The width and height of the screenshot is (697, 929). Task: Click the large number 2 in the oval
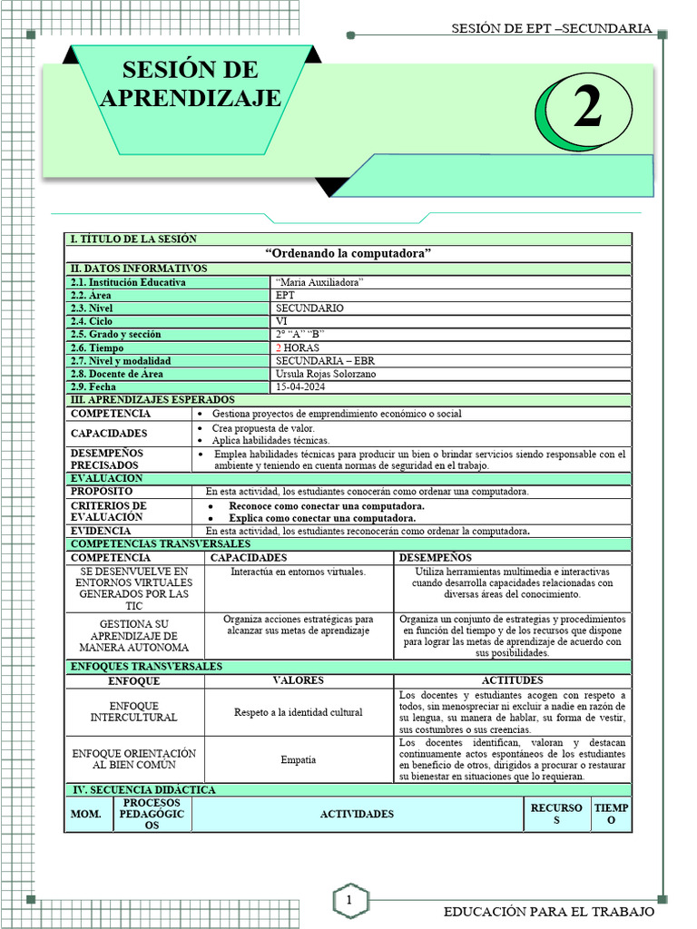587,111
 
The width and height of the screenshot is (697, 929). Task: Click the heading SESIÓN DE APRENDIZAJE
191,83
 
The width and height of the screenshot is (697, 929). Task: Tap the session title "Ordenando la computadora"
348,252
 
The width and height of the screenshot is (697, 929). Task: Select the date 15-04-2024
301,386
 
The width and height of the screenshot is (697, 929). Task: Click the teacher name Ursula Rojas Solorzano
326,374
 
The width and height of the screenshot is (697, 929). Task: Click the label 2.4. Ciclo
92,321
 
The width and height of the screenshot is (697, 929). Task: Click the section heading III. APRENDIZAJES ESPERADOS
152,400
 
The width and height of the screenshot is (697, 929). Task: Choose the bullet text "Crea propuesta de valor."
263,427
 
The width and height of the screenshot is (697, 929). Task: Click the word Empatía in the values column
299,759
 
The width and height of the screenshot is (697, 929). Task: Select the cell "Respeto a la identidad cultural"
299,712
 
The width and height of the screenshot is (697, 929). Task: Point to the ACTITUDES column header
513,680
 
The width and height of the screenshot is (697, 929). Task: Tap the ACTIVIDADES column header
357,814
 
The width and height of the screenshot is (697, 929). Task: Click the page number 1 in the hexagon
348,900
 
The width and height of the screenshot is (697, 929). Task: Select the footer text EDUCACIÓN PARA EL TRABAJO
548,911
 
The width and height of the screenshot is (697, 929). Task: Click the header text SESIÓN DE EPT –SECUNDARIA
552,28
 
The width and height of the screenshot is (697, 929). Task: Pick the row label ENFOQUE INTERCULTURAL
134,712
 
